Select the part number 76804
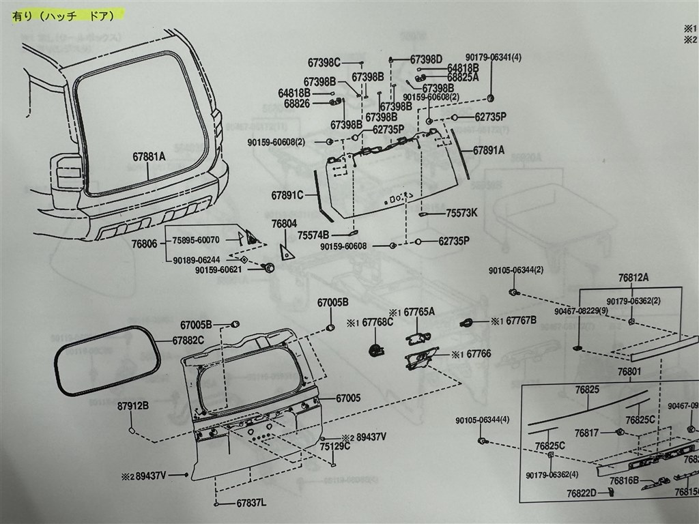(x=284, y=223)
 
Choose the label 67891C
(x=287, y=194)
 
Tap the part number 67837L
(x=252, y=504)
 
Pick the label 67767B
(x=521, y=320)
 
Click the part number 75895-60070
(x=195, y=240)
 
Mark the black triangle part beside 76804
(x=287, y=250)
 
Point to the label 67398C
(x=324, y=62)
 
